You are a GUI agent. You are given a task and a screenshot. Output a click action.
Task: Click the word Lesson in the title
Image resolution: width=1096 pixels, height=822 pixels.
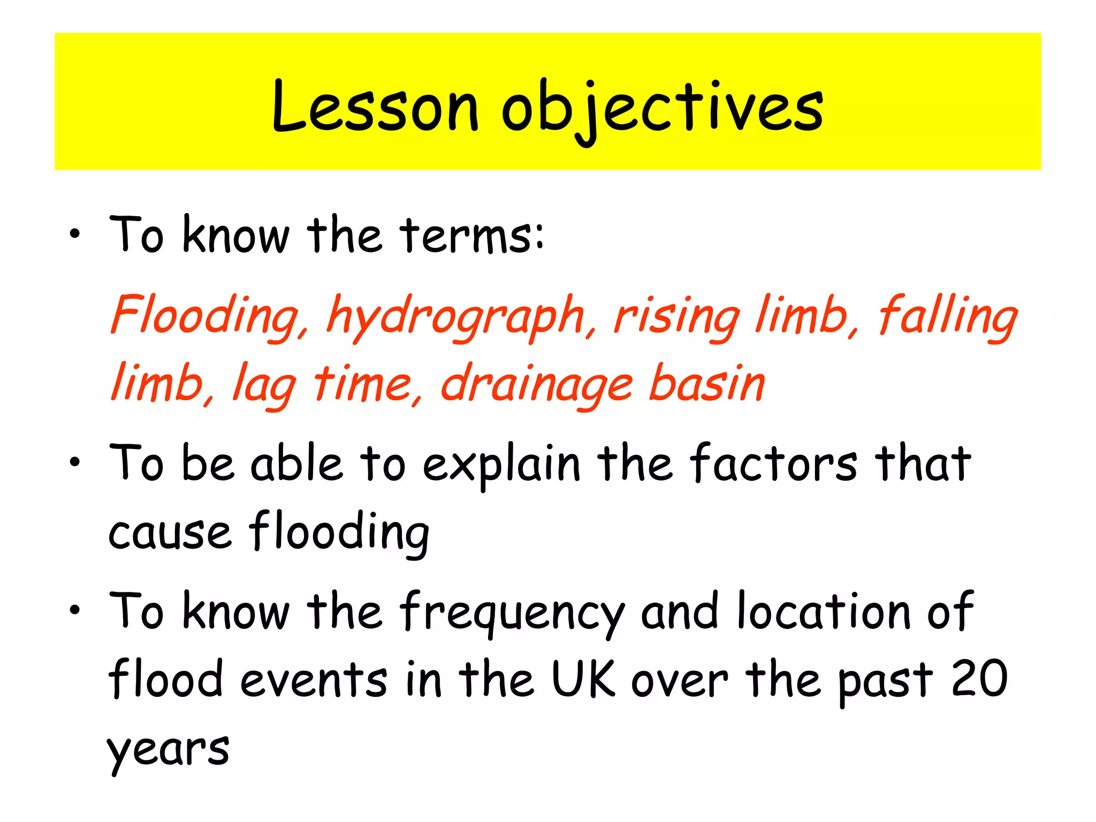pyautogui.click(x=375, y=107)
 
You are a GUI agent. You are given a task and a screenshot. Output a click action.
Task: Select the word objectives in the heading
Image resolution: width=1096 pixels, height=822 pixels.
pyautogui.click(x=662, y=110)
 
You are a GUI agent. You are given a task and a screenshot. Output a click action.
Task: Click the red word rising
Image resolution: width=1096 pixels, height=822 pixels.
pyautogui.click(x=677, y=318)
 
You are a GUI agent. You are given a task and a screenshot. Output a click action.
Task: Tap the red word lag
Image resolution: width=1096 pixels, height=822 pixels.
pyautogui.click(x=264, y=384)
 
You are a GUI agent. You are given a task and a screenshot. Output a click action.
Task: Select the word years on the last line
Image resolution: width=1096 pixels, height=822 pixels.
pyautogui.click(x=169, y=749)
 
